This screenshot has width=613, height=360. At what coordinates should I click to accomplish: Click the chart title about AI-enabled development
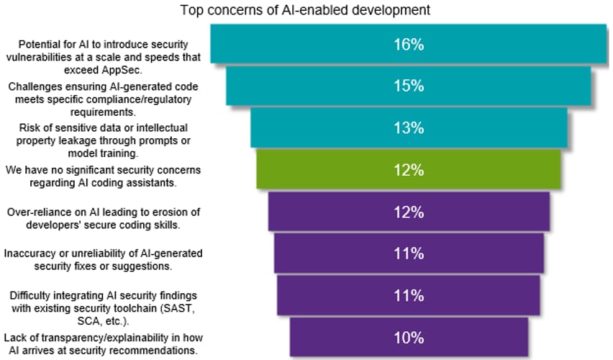305,10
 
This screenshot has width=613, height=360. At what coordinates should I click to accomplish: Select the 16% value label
409,45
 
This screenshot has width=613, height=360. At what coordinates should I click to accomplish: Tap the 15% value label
409,86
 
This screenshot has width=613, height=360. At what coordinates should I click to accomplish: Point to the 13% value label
409,128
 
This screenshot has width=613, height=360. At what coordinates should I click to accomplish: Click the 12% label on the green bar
409,170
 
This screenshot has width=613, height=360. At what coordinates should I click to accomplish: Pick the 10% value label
409,338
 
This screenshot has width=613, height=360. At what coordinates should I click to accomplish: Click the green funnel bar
409,170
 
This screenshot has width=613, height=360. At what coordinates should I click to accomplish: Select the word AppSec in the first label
121,70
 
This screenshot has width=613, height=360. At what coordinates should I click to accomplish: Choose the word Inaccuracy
29,253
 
